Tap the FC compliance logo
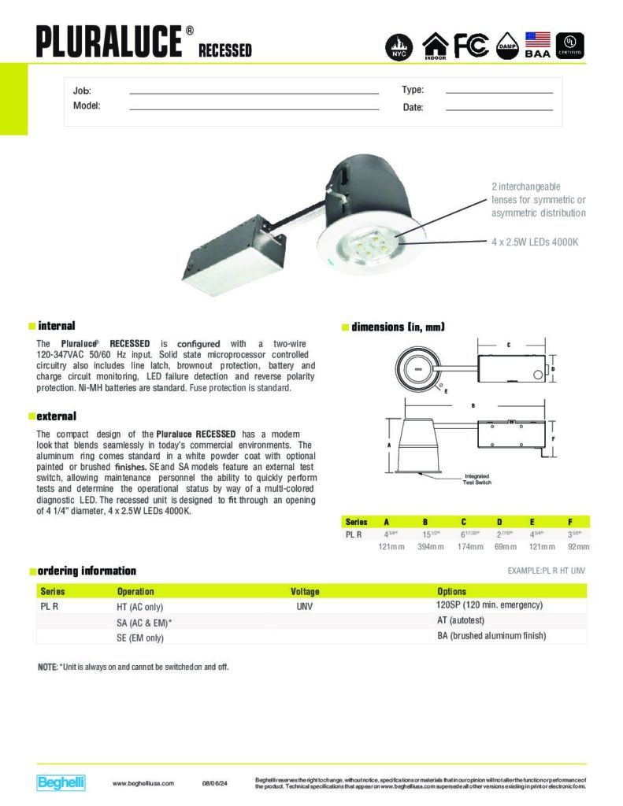[x=471, y=46]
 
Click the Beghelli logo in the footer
[x=61, y=782]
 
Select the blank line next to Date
[x=499, y=109]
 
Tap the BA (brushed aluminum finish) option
[x=491, y=636]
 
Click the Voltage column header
[x=304, y=591]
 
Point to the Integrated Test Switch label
[x=477, y=478]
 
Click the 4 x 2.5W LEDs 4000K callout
[x=535, y=242]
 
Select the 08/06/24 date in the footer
[x=214, y=783]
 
